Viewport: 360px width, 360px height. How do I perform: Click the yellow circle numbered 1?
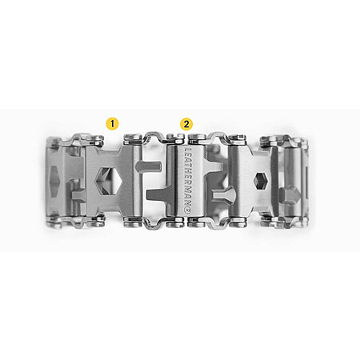(112, 124)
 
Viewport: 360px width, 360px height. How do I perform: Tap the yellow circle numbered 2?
(186, 124)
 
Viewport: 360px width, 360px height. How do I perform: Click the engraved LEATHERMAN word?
(188, 177)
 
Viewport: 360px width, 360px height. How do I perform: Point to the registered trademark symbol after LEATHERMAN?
(188, 210)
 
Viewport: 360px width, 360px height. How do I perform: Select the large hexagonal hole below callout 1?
(108, 181)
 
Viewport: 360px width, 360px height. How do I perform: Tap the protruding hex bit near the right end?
(290, 195)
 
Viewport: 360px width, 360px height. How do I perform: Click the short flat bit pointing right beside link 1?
(148, 166)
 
